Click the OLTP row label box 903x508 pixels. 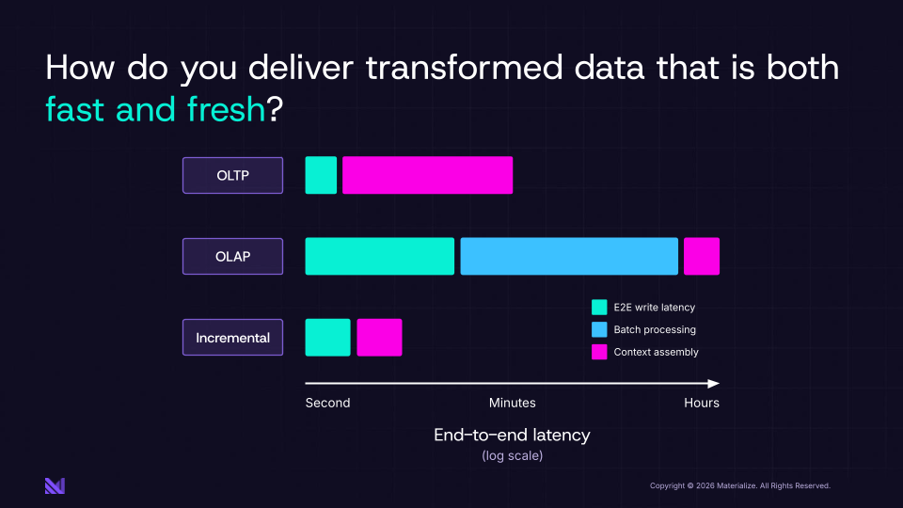[232, 175]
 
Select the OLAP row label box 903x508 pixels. [232, 256]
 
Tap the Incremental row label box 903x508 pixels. [232, 338]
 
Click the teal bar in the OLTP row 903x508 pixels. [321, 175]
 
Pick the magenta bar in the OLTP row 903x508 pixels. [427, 175]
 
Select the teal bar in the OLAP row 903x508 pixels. [380, 256]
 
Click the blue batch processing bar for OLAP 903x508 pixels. [569, 256]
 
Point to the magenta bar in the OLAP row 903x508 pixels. [702, 256]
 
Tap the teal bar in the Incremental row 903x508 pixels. [327, 338]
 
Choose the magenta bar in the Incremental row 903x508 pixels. [379, 338]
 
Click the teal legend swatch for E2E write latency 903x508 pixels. [599, 308]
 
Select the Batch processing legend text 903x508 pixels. [655, 330]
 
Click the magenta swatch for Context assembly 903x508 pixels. [599, 353]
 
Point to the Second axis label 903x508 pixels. [327, 403]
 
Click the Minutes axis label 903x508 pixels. [512, 403]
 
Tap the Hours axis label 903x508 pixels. [702, 403]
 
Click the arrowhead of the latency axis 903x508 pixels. [715, 384]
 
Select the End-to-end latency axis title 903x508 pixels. [512, 435]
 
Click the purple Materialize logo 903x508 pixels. [55, 485]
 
